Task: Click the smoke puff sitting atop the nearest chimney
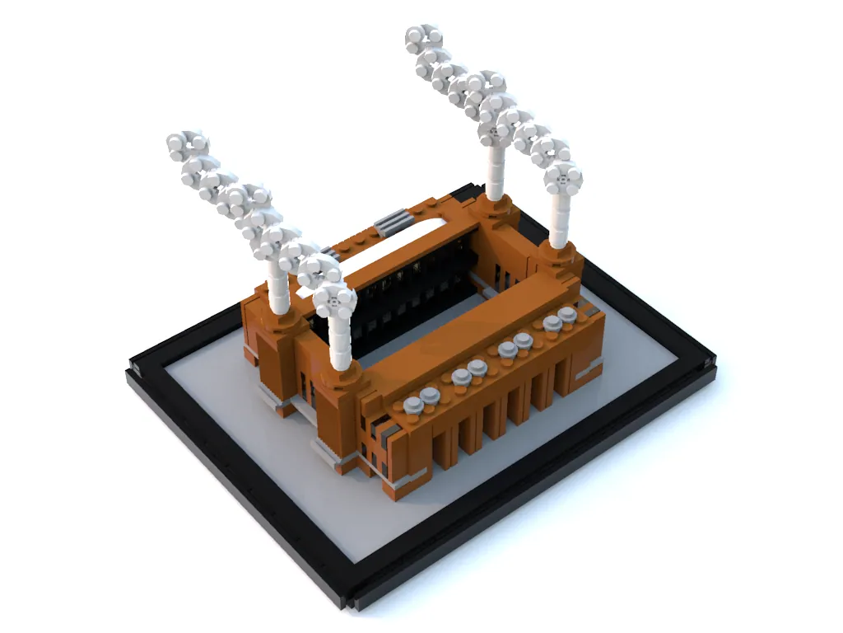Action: [x=336, y=299]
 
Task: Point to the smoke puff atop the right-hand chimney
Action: [x=563, y=178]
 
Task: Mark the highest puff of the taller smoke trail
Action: [x=423, y=38]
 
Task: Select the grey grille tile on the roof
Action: [x=392, y=222]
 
